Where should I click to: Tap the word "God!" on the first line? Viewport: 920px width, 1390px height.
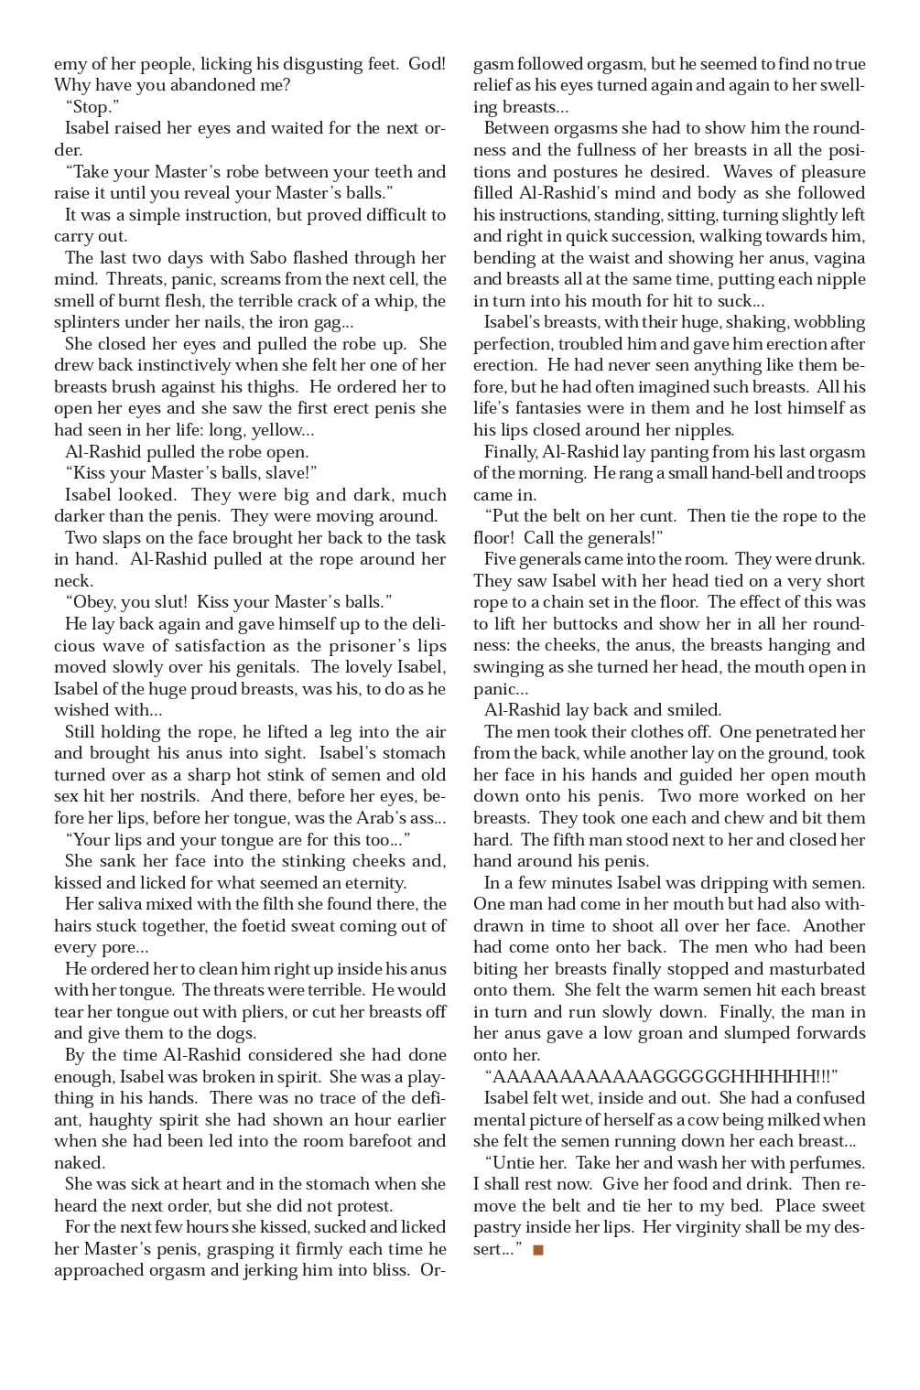click(427, 64)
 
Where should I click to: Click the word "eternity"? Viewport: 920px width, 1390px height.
click(366, 883)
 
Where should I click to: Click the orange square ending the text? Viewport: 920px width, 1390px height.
click(538, 1249)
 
